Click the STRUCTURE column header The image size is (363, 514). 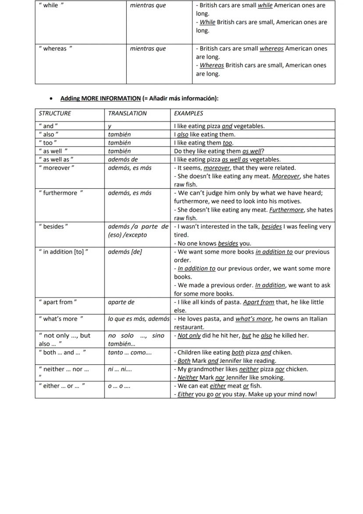[55, 113]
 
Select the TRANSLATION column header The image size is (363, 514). [128, 113]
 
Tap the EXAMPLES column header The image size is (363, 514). [189, 113]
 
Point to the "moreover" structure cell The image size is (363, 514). [57, 168]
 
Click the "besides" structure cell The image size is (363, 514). [53, 226]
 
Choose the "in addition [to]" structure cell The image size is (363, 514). [64, 252]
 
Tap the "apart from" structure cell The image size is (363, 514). [58, 302]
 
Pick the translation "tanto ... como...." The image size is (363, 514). [130, 352]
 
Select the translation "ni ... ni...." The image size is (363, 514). [120, 369]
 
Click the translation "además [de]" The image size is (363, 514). [125, 252]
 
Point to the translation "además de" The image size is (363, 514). [123, 159]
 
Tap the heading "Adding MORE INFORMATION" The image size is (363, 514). [100, 98]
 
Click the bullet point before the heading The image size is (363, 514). [52, 99]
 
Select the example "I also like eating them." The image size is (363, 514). [204, 134]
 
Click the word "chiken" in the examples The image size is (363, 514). [282, 352]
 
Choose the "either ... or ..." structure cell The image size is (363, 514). [62, 385]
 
